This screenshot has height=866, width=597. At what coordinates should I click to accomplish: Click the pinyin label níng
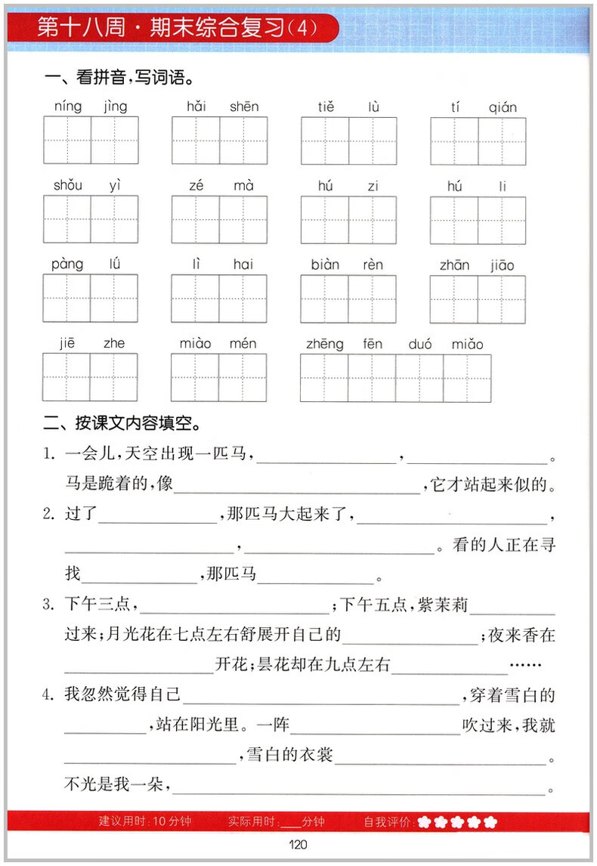(68, 107)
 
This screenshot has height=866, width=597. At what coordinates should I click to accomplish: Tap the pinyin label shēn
(244, 107)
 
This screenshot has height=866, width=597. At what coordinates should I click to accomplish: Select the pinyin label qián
(503, 107)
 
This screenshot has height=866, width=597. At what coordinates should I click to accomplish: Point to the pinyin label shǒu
(68, 186)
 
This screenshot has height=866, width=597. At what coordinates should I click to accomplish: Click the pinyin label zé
(196, 186)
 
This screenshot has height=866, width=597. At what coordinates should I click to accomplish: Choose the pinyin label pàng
(67, 264)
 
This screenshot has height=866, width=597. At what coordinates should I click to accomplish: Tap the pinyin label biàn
(325, 264)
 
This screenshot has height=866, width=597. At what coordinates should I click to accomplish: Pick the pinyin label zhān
(454, 264)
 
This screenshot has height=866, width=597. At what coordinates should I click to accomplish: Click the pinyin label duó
(419, 344)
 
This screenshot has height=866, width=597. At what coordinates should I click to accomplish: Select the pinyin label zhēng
(325, 344)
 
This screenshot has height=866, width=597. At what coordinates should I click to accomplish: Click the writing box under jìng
(115, 141)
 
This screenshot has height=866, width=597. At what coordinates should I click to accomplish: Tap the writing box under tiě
(325, 141)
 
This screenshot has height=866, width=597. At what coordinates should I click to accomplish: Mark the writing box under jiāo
(502, 298)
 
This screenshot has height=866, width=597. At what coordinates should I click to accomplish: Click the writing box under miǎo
(467, 378)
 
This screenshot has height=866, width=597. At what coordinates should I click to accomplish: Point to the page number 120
(297, 846)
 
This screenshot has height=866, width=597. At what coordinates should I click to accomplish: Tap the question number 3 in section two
(48, 605)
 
